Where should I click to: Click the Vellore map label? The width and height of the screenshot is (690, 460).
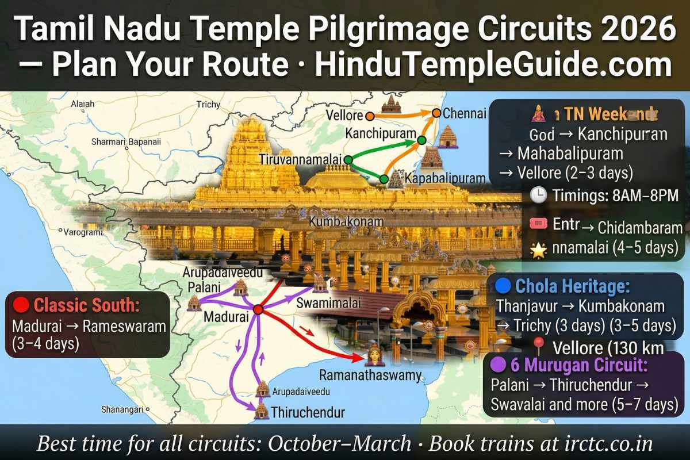coord(343,116)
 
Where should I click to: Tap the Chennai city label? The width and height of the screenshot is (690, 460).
coord(465,113)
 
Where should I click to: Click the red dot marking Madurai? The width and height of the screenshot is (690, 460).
coord(258,309)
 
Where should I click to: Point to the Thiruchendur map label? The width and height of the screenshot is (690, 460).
coord(308,412)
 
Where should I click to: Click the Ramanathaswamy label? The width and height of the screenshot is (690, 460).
coord(370,377)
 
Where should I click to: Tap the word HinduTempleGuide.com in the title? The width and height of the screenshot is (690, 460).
coord(493,67)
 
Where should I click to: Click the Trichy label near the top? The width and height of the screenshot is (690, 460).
coord(208,105)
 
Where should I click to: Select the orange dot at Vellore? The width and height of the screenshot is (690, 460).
coord(370,116)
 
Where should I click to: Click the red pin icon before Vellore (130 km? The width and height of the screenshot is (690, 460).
coord(539,347)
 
